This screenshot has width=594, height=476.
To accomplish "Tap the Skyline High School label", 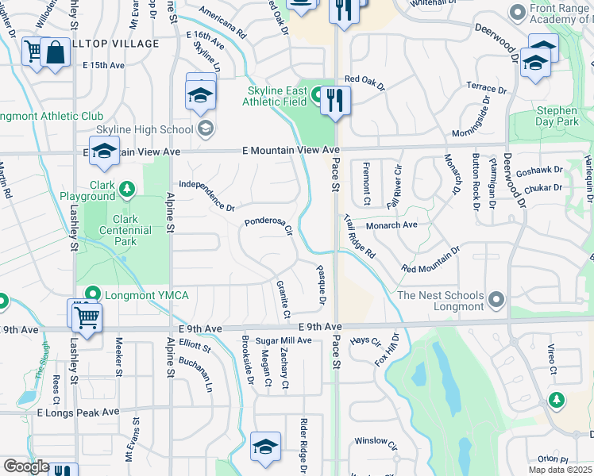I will (x=144, y=129).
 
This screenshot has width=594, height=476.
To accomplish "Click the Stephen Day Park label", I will (x=557, y=117).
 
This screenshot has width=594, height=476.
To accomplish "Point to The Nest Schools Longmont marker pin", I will (x=497, y=300).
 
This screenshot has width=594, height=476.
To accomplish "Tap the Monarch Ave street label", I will (x=391, y=225).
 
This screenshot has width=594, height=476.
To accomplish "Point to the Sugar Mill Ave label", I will (x=278, y=340).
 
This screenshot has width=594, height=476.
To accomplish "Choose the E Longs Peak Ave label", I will (x=77, y=413).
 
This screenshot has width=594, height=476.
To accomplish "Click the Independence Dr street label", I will (x=206, y=195).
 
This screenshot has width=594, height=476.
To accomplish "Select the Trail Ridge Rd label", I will (x=360, y=236).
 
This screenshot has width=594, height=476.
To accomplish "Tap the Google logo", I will (x=25, y=466).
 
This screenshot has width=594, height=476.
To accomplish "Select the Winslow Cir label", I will (x=376, y=441).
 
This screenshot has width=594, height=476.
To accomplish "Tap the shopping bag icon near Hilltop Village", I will (x=56, y=53).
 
